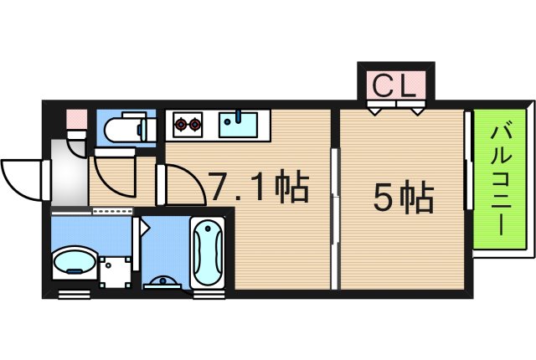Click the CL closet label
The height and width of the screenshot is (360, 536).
coord(394,85)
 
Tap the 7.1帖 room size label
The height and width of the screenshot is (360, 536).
coord(259,186)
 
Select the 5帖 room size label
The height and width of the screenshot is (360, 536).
coord(404,198)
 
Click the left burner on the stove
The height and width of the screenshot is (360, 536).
coord(181,125)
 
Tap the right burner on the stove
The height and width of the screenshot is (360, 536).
coord(194,125)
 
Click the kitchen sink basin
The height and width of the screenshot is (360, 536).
coord(238,125)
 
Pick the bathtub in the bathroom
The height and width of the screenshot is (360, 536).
coord(208,253)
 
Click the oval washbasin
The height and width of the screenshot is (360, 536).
coord(75,262)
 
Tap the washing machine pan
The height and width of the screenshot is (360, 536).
coord(116,272)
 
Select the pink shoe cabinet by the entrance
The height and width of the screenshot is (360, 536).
coord(76,119)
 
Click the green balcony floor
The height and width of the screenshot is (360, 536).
coord(499,179)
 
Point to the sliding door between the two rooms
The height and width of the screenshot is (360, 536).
coord(335,219)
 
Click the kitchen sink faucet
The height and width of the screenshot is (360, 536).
coord(239,116)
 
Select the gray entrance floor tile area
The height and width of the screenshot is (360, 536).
coord(70,172)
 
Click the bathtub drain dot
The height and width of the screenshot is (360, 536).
coord(207,229)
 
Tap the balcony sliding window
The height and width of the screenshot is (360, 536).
coord(469,160)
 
